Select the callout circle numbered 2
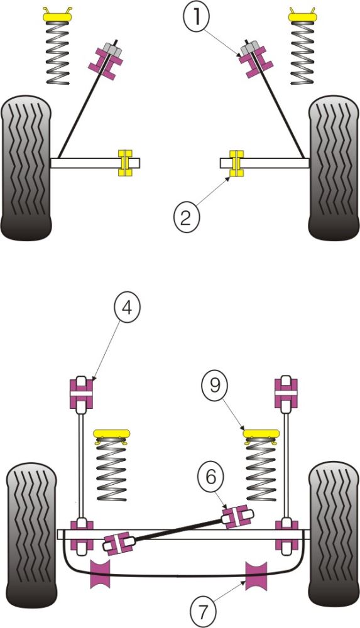[185, 217]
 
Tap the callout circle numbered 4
[127, 310]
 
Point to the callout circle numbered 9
[215, 385]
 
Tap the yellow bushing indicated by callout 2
[236, 163]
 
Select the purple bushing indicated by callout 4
[80, 392]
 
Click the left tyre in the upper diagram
[26, 168]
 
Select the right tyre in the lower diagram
[333, 534]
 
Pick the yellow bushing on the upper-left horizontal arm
[126, 163]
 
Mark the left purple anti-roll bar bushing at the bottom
[101, 573]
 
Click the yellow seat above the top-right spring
[303, 14]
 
